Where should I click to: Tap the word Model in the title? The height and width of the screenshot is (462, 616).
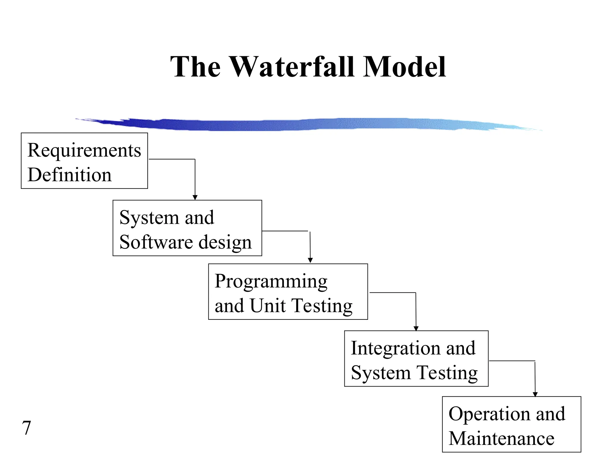[404, 66]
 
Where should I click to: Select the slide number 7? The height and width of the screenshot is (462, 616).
[26, 428]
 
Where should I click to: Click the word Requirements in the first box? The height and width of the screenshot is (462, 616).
[84, 150]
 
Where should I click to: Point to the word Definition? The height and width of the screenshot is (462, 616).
[69, 175]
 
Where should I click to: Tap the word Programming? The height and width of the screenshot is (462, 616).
[271, 282]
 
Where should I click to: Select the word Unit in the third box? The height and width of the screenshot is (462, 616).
[268, 306]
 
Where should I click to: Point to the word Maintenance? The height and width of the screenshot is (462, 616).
[501, 439]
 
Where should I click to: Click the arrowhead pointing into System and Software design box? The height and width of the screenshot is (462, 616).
[195, 197]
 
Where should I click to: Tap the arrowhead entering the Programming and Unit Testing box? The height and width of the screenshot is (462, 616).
[310, 260]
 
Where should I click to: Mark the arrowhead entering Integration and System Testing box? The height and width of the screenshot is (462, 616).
[416, 328]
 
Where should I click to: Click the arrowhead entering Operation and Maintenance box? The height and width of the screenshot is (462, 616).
[535, 394]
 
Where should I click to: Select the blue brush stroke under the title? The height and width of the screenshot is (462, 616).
[301, 124]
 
